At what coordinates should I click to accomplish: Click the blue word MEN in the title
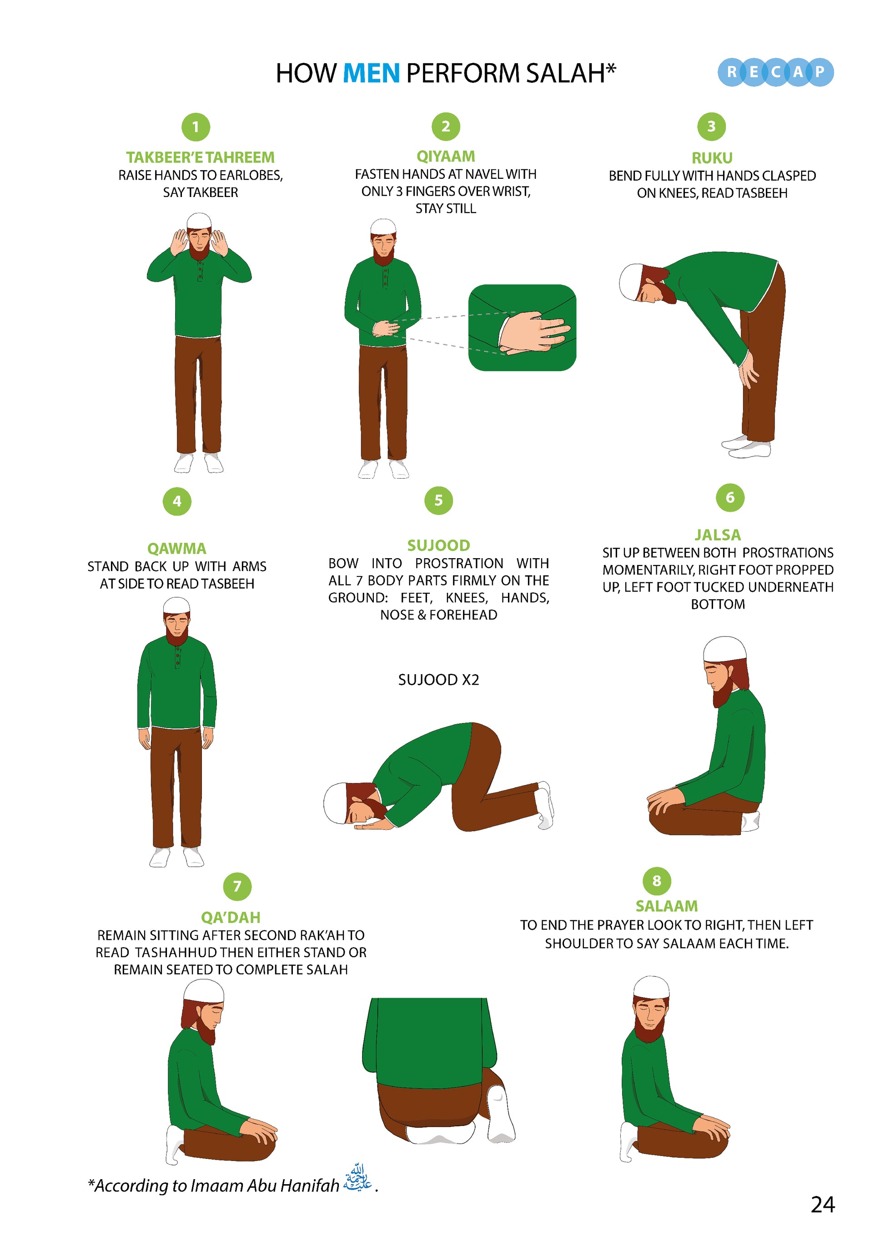pyautogui.click(x=371, y=73)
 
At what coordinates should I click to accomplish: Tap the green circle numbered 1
pyautogui.click(x=196, y=127)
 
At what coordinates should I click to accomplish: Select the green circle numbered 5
pyautogui.click(x=439, y=500)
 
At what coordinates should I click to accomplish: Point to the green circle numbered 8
pyautogui.click(x=657, y=881)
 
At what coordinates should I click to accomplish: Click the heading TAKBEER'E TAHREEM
pyautogui.click(x=201, y=157)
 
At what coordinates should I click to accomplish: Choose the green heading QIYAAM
pyautogui.click(x=446, y=156)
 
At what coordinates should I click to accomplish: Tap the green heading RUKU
pyautogui.click(x=712, y=158)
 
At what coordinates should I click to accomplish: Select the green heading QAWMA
pyautogui.click(x=177, y=549)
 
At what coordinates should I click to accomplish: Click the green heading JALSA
pyautogui.click(x=718, y=535)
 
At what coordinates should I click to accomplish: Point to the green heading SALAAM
pyautogui.click(x=666, y=906)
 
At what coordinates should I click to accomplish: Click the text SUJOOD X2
pyautogui.click(x=439, y=680)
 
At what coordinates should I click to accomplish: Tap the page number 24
pyautogui.click(x=823, y=1205)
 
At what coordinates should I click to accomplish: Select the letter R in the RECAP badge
pyautogui.click(x=732, y=72)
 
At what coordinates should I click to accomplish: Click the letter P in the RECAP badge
pyautogui.click(x=820, y=72)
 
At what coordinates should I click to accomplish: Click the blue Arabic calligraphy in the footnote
pyautogui.click(x=357, y=1178)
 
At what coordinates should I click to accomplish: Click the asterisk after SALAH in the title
pyautogui.click(x=611, y=68)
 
